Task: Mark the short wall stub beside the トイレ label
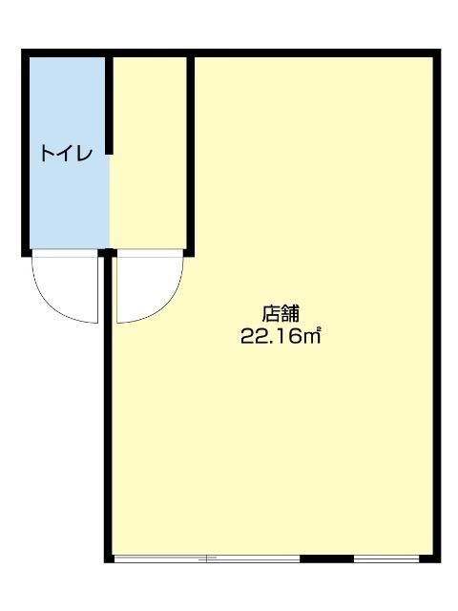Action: (110, 105)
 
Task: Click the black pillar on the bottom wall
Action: (326, 558)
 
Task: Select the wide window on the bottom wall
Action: (206, 558)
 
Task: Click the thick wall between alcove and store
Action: (191, 153)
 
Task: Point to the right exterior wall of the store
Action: (438, 305)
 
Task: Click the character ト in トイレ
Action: (47, 153)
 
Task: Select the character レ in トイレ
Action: (85, 153)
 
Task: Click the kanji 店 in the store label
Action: (271, 312)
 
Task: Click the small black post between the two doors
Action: (108, 253)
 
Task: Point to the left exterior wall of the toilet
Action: (27, 153)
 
